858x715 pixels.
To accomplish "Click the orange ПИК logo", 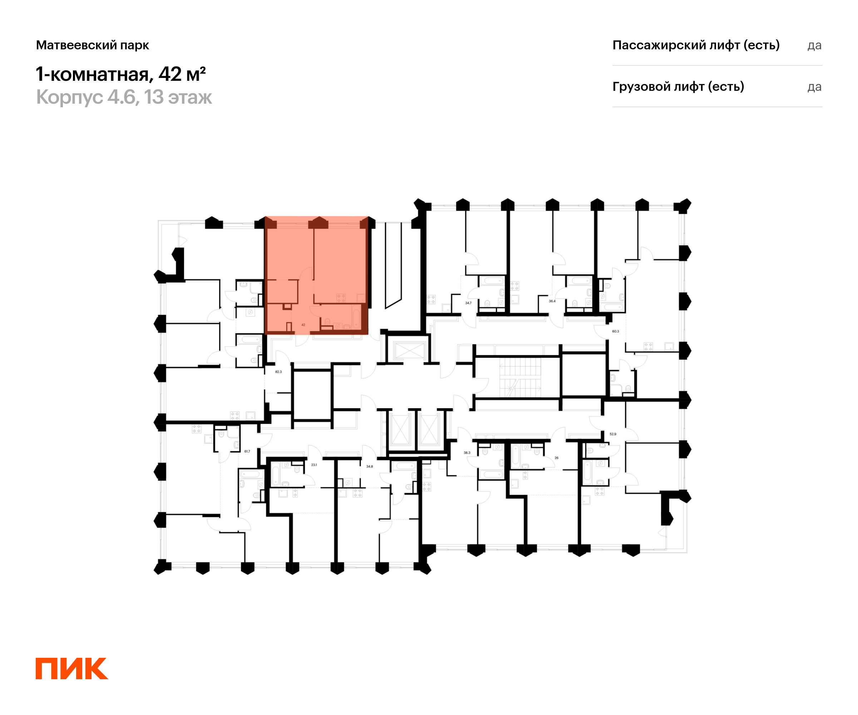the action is (72, 669).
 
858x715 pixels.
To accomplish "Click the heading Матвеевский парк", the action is (92, 45).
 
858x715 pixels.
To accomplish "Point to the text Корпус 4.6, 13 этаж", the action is (124, 97).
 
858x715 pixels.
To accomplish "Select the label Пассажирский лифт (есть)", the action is (696, 45).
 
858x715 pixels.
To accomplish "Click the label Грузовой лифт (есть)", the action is (678, 87).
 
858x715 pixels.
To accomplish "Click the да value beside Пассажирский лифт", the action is (814, 45).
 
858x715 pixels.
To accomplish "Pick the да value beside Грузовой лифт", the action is (814, 87).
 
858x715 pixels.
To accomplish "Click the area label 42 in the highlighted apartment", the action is (303, 325).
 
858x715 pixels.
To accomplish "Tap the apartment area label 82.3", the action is (278, 372).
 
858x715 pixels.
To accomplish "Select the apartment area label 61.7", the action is (247, 452).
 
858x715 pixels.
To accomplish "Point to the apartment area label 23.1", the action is (314, 465).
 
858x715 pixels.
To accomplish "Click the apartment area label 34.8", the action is (369, 467).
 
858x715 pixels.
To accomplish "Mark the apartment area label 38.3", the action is (467, 453).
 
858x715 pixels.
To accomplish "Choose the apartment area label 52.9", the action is (613, 434).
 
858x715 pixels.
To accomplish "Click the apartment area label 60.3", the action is (615, 331).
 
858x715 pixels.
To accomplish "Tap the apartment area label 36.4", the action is (552, 301).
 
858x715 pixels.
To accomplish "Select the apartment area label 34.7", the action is (468, 303).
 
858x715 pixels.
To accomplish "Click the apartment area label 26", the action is (557, 458).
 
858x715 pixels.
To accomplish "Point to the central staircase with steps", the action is (520, 378).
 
